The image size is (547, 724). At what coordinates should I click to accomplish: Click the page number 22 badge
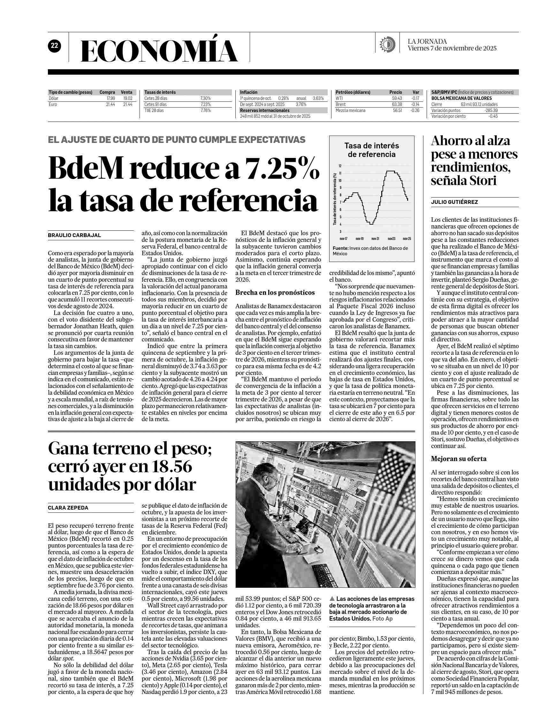(54, 46)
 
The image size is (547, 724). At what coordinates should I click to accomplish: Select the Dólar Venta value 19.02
(127, 98)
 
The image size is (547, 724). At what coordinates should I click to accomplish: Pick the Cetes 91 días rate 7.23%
(205, 104)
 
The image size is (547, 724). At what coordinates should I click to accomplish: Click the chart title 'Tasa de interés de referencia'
(371, 150)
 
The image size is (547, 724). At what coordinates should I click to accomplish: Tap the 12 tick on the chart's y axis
(340, 166)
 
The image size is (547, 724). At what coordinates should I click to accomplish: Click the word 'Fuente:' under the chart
(340, 249)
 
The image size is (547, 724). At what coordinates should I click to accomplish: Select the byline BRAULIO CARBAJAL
(74, 235)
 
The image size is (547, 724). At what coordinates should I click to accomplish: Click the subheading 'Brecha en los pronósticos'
(275, 293)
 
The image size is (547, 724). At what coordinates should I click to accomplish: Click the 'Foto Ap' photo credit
(382, 390)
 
